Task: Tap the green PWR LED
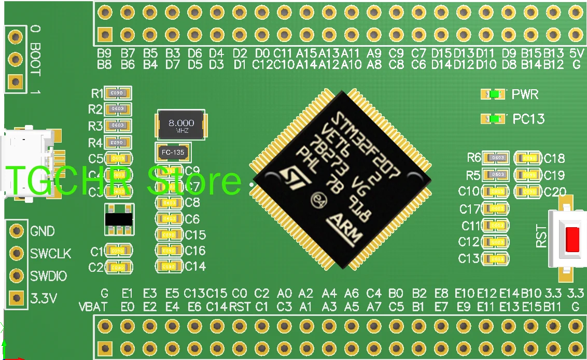click(x=494, y=94)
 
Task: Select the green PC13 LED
click(x=494, y=119)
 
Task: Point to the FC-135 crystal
click(x=173, y=153)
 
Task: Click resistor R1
click(x=118, y=93)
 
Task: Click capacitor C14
click(x=169, y=266)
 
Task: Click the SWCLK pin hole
click(x=17, y=253)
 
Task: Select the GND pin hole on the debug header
click(x=17, y=230)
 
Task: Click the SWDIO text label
click(x=49, y=276)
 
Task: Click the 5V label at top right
click(x=576, y=53)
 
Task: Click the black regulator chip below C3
click(x=118, y=219)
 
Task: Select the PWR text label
click(x=525, y=94)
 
